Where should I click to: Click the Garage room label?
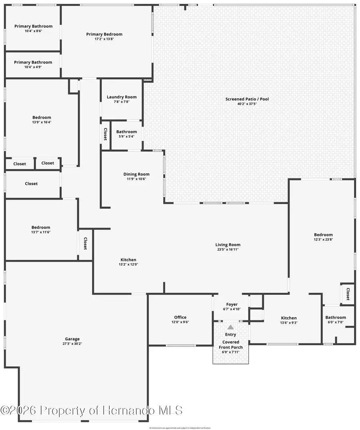[x=72, y=338]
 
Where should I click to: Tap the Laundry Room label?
[x=122, y=97]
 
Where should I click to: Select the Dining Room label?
[x=136, y=174]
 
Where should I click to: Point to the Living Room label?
[x=228, y=245]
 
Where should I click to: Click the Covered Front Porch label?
[x=231, y=344]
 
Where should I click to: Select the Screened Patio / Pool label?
[x=247, y=99]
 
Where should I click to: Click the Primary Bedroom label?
[x=104, y=34]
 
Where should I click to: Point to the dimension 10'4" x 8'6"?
[x=34, y=31]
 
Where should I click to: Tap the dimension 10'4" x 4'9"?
[x=33, y=67]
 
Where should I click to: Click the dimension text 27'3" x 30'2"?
[x=72, y=343]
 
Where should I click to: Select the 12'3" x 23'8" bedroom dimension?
[x=323, y=240]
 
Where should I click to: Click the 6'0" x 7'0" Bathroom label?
[x=336, y=317]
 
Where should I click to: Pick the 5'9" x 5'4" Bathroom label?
[x=126, y=132]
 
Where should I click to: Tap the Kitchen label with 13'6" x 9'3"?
[x=289, y=318]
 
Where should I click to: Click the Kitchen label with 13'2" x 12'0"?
[x=128, y=260]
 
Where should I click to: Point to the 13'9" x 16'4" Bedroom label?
[x=41, y=117]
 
